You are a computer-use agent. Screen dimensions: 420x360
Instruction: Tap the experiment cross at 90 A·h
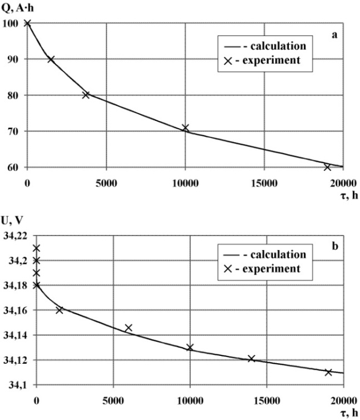(51, 59)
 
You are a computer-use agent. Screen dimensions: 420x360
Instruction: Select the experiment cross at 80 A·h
(86, 95)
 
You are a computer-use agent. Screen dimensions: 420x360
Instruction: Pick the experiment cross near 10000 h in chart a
(185, 128)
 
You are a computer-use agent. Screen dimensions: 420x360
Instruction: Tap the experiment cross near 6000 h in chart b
(129, 328)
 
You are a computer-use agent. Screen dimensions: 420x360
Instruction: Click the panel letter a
(335, 35)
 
